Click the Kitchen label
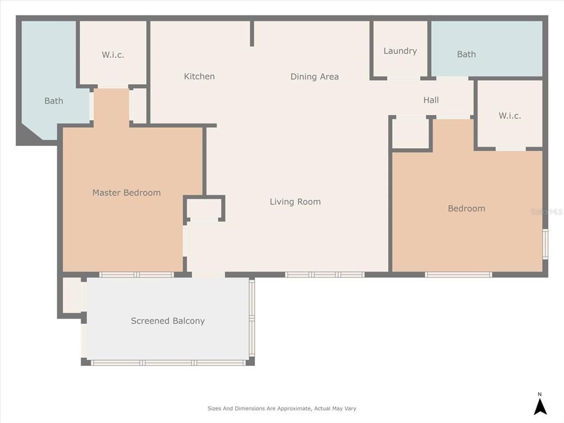pos(199,77)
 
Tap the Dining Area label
pos(314,77)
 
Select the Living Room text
pos(295,202)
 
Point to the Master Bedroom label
pos(127,193)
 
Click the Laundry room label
pos(400,51)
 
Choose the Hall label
pos(431,100)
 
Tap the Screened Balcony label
pos(168,321)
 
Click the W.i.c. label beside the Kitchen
pos(113,55)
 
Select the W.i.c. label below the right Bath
pos(509,116)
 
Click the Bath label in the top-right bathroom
pos(467,54)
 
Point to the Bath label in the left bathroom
pos(54,101)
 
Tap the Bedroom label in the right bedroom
pos(467,208)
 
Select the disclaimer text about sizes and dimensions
pos(282,409)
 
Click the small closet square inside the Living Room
pos(204,209)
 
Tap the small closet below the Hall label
pos(410,133)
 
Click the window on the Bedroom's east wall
pos(545,243)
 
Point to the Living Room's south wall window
pos(324,274)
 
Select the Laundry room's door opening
pos(403,78)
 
